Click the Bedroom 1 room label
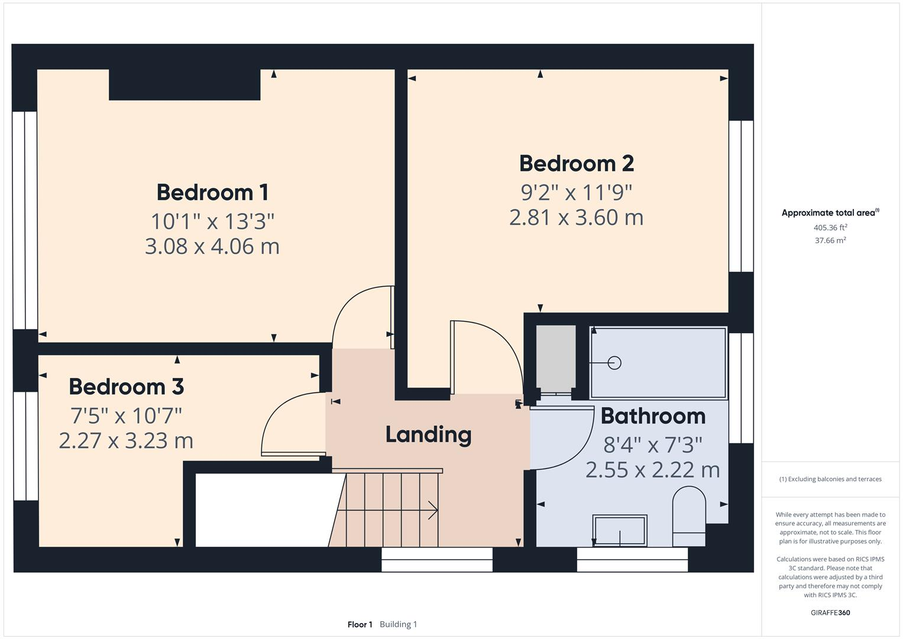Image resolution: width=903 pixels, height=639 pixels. (212, 192)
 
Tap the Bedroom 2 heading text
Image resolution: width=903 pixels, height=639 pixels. (576, 163)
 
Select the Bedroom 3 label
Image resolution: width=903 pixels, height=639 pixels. (126, 386)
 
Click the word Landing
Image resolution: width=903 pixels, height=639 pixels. (428, 434)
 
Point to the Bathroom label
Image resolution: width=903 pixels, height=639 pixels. (653, 416)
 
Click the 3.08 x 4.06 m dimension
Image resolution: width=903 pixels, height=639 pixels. (212, 246)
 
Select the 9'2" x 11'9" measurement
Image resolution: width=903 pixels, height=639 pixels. (576, 192)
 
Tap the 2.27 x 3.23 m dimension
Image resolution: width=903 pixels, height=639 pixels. (126, 440)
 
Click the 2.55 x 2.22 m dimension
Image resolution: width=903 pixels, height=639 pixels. (653, 470)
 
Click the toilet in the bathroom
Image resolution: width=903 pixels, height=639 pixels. (689, 515)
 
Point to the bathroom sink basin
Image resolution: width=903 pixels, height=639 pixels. (620, 530)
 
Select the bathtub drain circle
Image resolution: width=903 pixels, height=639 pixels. (614, 363)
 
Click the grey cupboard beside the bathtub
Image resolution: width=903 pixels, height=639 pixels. (555, 357)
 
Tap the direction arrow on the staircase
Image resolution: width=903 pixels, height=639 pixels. (432, 510)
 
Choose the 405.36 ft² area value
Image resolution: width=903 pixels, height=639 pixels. (830, 227)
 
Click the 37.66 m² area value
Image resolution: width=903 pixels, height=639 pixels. (830, 240)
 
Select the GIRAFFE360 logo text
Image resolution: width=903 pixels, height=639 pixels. (830, 612)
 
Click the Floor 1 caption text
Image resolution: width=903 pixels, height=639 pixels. (360, 624)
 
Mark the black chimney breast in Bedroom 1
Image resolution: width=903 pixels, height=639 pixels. (185, 85)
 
